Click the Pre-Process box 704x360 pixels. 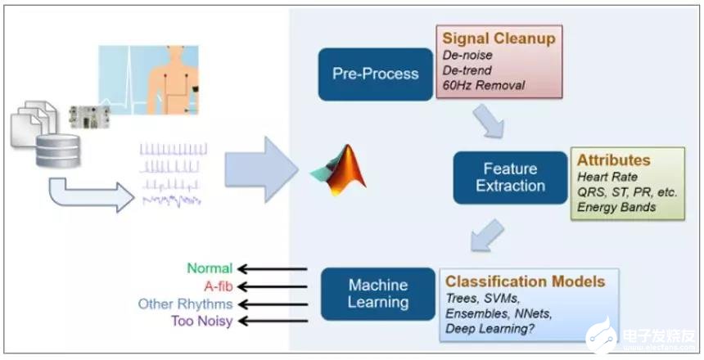[376, 74]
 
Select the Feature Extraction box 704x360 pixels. [511, 176]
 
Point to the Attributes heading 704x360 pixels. [614, 160]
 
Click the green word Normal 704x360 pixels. [210, 268]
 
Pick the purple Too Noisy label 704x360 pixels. [201, 322]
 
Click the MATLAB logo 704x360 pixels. [339, 170]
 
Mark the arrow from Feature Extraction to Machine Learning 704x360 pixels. [489, 233]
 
